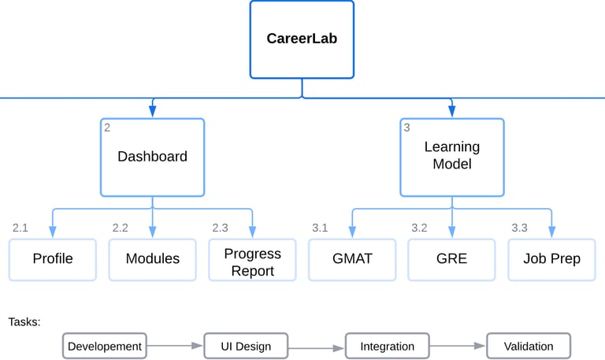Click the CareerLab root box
(x=302, y=39)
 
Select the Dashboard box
(x=152, y=157)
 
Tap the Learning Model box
(x=451, y=157)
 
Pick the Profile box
(x=53, y=259)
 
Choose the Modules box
(x=152, y=259)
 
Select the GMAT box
(x=352, y=259)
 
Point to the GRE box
(x=451, y=259)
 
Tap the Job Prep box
(x=551, y=259)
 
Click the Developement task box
(x=105, y=346)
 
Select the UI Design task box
(x=246, y=346)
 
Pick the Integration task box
(x=387, y=346)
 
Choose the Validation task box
(x=528, y=346)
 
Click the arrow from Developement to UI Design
(x=175, y=345)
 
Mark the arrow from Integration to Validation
(x=458, y=346)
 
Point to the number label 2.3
(x=220, y=228)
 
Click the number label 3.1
(x=320, y=228)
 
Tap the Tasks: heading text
(x=24, y=321)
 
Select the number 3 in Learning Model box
(x=406, y=127)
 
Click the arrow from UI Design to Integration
(x=317, y=347)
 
